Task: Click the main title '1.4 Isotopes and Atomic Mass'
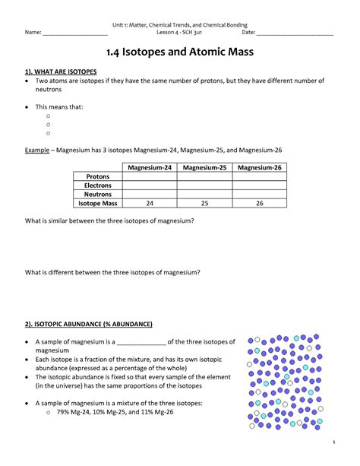tap(179, 53)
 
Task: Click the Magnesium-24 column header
tap(150, 167)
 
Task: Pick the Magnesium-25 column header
tap(204, 167)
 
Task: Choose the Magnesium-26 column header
tap(260, 167)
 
